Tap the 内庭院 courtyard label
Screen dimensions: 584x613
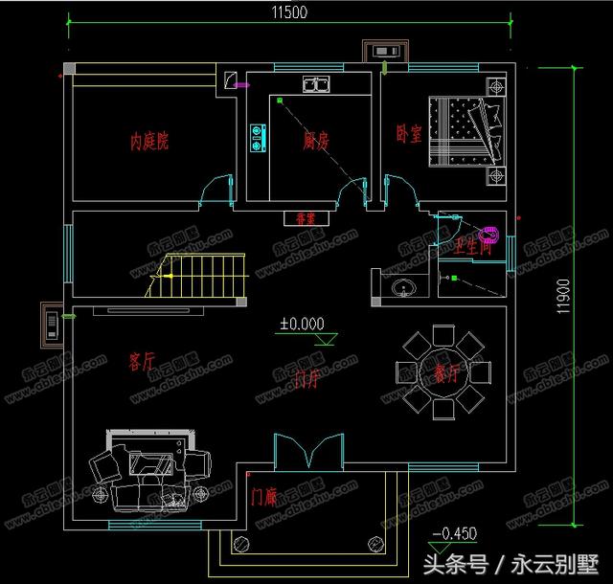pyautogui.click(x=150, y=142)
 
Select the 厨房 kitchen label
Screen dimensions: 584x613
pyautogui.click(x=316, y=141)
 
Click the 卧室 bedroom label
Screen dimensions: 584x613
pyautogui.click(x=408, y=135)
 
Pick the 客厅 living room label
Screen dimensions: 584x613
pyautogui.click(x=141, y=361)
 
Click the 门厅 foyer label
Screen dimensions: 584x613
pyautogui.click(x=308, y=379)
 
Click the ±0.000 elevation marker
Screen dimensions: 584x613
pyautogui.click(x=302, y=324)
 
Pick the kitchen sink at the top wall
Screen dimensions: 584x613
pyautogui.click(x=315, y=84)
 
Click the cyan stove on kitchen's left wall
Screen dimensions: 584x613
pyautogui.click(x=257, y=138)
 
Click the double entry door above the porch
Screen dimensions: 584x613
pyautogui.click(x=308, y=451)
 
